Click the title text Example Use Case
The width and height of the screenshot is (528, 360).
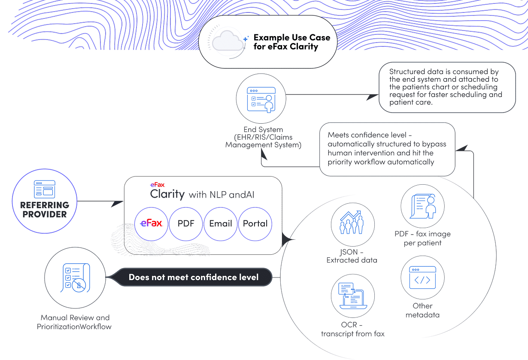click(291, 37)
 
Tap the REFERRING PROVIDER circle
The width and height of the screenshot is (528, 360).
click(45, 201)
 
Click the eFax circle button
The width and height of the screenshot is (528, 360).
click(151, 223)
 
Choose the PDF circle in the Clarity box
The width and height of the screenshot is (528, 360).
click(186, 223)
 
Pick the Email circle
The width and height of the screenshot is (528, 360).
click(220, 223)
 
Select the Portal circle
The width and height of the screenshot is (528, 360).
click(255, 223)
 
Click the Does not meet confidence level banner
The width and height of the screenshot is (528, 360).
click(194, 277)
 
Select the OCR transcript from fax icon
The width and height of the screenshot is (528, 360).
click(352, 296)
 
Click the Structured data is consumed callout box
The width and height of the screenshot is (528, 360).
click(446, 87)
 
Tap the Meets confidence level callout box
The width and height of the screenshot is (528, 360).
click(387, 149)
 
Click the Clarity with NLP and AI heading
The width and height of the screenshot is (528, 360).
click(202, 194)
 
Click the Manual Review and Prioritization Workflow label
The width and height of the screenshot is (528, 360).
click(74, 322)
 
